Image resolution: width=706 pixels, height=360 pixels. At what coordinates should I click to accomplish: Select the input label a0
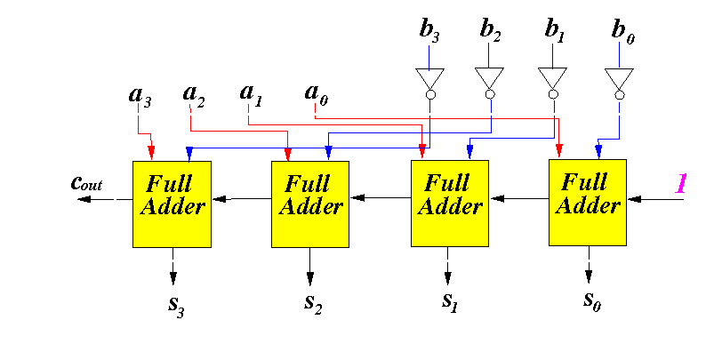tap(317, 94)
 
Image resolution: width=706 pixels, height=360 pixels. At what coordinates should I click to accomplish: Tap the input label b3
tap(429, 31)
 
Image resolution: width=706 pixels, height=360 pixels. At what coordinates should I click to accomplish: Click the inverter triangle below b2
tap(489, 77)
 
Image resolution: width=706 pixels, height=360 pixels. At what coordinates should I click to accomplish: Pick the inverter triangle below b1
tap(552, 77)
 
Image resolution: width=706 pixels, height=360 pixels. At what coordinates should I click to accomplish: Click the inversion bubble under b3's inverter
tap(430, 94)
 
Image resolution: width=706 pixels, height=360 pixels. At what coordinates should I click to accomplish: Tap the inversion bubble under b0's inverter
tap(620, 94)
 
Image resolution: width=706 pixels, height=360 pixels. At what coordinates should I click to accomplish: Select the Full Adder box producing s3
tap(172, 204)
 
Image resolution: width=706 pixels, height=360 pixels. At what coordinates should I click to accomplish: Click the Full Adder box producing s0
tap(588, 203)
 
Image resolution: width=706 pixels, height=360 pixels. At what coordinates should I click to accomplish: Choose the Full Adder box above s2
tap(310, 204)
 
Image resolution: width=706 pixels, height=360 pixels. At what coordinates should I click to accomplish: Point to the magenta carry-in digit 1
tap(681, 184)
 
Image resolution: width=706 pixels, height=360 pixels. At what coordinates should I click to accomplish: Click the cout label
tap(87, 183)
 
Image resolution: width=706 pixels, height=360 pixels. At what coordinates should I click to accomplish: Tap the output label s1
tap(450, 301)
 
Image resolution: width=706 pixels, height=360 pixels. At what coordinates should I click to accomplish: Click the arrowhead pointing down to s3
tap(172, 278)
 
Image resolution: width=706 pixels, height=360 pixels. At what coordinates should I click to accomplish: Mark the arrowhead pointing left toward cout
tap(84, 199)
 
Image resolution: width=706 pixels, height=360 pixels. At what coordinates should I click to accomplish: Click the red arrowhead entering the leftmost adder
tap(151, 152)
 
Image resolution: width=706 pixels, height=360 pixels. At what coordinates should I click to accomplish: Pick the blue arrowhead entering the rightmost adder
tap(598, 151)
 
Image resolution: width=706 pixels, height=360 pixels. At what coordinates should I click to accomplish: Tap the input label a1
tap(251, 95)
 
